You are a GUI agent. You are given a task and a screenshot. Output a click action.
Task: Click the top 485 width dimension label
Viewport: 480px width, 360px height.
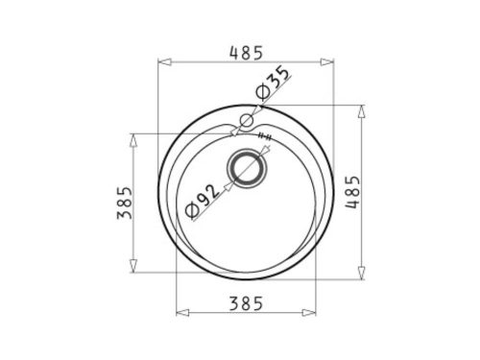(x=247, y=53)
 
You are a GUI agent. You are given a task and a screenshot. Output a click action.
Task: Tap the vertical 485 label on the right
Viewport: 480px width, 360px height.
(x=352, y=192)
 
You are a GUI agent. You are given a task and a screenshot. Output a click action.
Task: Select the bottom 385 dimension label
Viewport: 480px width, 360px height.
(x=247, y=303)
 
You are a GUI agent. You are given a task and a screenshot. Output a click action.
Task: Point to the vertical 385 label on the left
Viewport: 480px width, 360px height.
(x=125, y=203)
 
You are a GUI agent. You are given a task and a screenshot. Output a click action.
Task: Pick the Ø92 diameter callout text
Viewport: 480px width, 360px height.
(x=203, y=202)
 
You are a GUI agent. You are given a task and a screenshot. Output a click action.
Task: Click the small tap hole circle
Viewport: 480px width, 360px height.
(x=247, y=121)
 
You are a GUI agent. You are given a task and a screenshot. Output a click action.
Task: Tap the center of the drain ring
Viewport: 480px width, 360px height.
(x=247, y=168)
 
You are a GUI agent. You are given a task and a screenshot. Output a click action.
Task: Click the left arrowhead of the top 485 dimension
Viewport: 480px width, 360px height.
(x=165, y=62)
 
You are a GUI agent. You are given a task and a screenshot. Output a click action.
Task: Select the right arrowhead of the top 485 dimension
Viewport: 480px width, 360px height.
(x=326, y=62)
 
